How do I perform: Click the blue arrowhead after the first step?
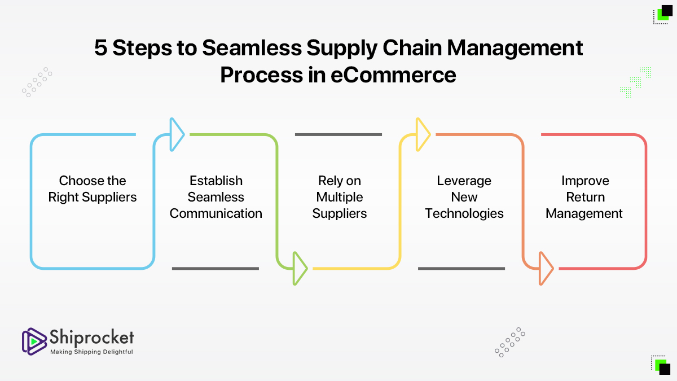(x=177, y=134)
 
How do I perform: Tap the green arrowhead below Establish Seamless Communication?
(x=300, y=269)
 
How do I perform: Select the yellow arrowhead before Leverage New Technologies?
(x=423, y=134)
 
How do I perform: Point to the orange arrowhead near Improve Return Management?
(x=546, y=269)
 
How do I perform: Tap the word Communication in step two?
(x=216, y=213)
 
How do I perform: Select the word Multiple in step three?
(x=340, y=197)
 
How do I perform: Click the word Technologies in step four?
(x=464, y=214)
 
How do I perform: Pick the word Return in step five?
(x=586, y=197)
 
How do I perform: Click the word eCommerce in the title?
(x=393, y=75)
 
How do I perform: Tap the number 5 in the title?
(x=100, y=48)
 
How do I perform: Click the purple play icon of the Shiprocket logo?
(x=34, y=341)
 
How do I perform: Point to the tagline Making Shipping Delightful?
(x=91, y=352)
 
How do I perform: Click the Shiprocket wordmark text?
(x=91, y=337)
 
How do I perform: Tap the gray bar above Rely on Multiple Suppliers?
(x=338, y=134)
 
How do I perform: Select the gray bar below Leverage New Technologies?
(x=461, y=269)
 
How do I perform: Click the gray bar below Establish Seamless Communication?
(x=216, y=269)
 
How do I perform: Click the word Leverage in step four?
(x=464, y=181)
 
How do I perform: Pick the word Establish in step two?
(x=216, y=181)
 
